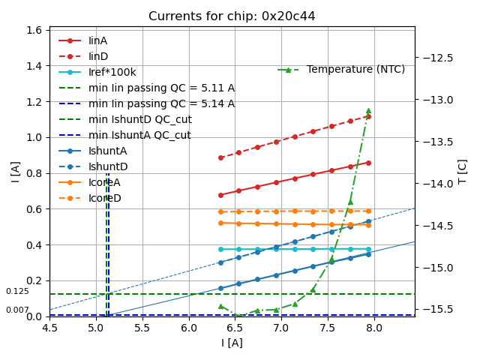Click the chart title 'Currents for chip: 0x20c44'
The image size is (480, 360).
232,16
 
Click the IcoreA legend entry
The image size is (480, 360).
104,182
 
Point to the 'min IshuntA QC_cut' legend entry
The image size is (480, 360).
139,135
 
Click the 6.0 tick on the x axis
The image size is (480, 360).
188,328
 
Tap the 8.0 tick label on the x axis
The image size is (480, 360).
373,328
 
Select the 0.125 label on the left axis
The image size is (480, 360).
17,292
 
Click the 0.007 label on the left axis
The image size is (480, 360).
17,310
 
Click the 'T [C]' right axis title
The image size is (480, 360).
463,172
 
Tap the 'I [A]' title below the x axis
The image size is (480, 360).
232,343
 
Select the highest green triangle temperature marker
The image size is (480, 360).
368,111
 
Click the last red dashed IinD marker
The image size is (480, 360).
368,116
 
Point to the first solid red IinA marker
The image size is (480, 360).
220,195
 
